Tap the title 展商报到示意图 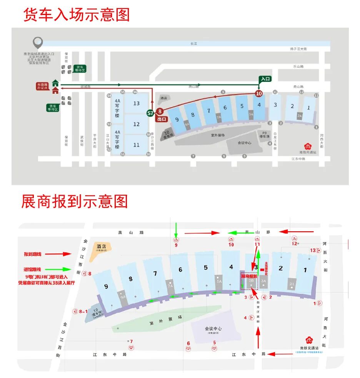tap(75, 201)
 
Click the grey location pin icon tap(37, 42)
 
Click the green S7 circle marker tap(151, 113)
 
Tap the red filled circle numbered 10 tap(259, 93)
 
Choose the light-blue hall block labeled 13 tap(136, 103)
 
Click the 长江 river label tap(193, 44)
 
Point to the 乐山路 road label tap(298, 66)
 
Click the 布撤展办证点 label tap(42, 86)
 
